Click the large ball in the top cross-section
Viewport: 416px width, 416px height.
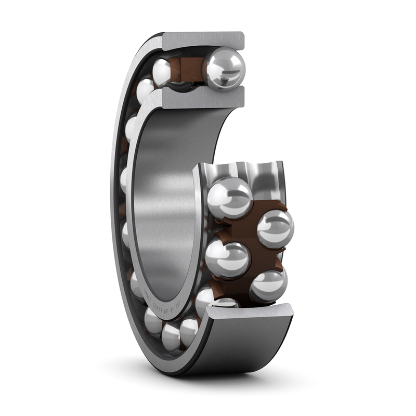[x=224, y=69]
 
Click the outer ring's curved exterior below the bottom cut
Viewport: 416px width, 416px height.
[x=250, y=346]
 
